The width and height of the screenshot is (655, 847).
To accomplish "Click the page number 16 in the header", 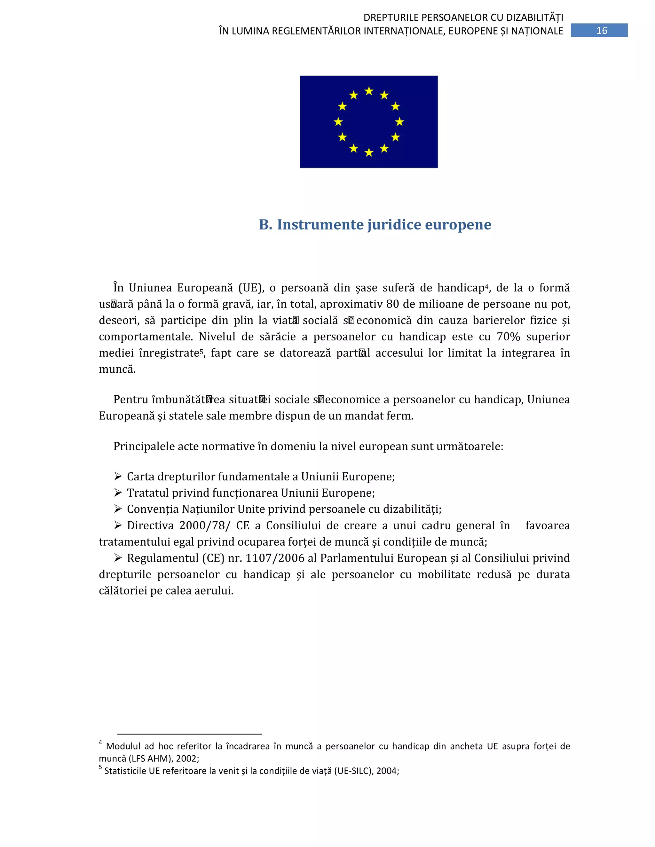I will click(x=602, y=31).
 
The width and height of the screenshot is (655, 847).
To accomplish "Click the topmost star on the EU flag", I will click(x=369, y=91).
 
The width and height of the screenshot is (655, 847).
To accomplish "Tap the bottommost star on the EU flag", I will click(x=369, y=152).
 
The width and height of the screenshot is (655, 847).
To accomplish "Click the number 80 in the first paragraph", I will click(x=392, y=304).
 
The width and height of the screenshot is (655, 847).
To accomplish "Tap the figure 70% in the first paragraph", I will click(x=508, y=337).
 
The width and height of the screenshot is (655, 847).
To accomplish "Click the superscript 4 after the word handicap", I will click(x=486, y=286).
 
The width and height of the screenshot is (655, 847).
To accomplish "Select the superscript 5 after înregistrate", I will click(x=201, y=351).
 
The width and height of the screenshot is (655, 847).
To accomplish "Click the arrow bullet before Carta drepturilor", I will click(x=118, y=476).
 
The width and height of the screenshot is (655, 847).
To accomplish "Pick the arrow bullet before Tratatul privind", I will click(x=118, y=493).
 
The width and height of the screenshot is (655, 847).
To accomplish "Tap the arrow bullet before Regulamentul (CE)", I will click(x=118, y=558).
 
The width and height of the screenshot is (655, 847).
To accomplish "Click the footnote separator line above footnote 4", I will click(x=189, y=734).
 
